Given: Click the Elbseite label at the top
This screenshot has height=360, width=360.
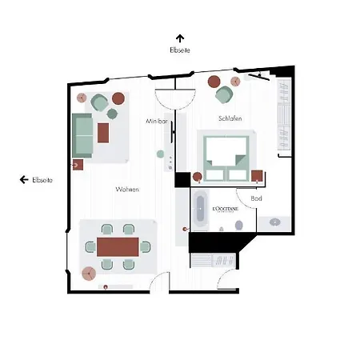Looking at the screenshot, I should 180,50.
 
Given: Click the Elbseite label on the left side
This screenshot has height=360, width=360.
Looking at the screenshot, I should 42,180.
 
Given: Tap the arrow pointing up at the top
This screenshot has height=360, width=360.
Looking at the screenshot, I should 180,38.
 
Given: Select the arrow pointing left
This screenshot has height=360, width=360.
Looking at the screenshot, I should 24,180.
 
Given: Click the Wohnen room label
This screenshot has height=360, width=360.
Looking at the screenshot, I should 127,190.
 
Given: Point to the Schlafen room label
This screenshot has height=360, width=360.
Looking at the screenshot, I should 230,118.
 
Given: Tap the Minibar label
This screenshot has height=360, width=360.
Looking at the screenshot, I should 157,121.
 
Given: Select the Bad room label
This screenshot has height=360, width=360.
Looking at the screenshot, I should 256,198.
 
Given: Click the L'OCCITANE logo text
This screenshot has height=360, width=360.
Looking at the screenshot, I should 226,209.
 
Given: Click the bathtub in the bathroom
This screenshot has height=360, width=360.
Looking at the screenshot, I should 200,210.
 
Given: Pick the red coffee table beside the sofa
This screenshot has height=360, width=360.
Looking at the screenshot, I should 103,131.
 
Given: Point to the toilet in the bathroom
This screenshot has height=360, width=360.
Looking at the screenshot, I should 238,227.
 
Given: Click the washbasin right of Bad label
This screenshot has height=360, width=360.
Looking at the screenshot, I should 274,221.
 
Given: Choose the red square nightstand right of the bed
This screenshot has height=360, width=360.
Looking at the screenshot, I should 257,175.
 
